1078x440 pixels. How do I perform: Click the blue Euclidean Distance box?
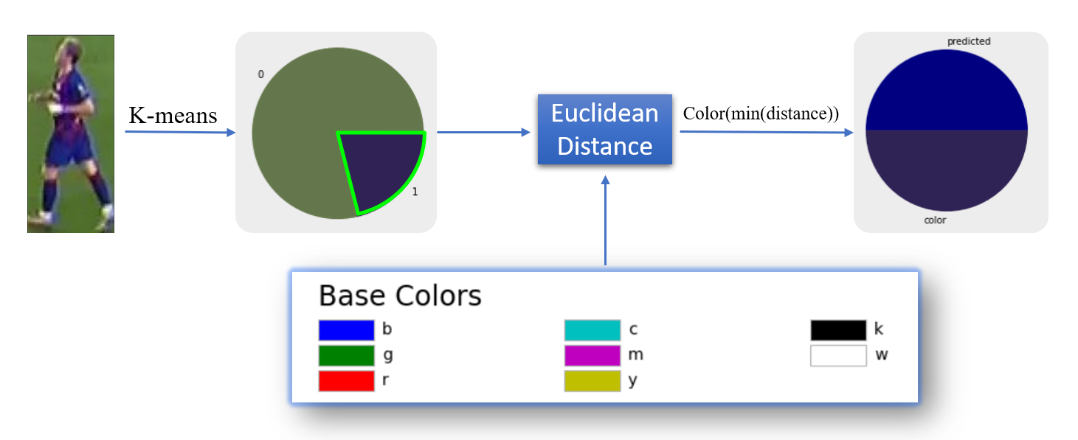[x=605, y=130]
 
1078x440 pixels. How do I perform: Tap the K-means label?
[x=173, y=116]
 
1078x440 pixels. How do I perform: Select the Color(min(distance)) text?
[x=761, y=114]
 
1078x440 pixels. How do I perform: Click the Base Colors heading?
[x=400, y=296]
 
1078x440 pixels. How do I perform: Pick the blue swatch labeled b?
[x=347, y=330]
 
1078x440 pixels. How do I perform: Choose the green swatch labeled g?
[x=347, y=356]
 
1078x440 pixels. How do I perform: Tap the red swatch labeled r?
[x=347, y=381]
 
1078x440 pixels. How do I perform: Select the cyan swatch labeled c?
[x=592, y=330]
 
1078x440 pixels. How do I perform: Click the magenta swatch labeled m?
[x=592, y=356]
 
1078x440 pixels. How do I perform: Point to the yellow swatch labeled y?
[x=592, y=381]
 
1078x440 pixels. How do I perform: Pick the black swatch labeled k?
[x=838, y=330]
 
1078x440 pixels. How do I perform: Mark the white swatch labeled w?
[x=838, y=356]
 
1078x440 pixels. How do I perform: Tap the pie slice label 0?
[x=261, y=74]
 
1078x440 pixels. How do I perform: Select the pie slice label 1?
[x=415, y=192]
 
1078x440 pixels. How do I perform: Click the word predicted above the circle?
[x=969, y=41]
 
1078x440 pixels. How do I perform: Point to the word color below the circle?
[x=935, y=220]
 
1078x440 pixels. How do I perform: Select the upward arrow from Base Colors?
[x=606, y=220]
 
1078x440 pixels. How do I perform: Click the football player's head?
[x=69, y=50]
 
